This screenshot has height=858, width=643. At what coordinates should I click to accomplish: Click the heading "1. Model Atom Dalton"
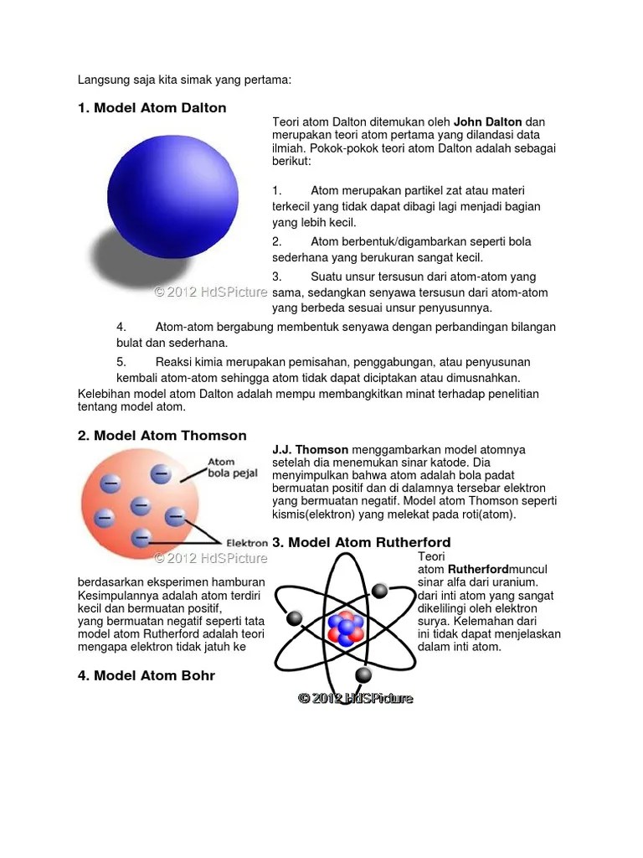(152, 108)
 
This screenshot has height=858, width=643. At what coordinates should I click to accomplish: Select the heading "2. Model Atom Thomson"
(162, 436)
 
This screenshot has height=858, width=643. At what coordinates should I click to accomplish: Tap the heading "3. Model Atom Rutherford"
(362, 542)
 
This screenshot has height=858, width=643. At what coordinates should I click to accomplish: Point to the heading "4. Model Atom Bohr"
(146, 675)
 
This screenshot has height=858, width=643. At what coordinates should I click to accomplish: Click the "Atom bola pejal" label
(222, 467)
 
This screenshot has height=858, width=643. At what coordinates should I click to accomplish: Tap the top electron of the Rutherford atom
(379, 591)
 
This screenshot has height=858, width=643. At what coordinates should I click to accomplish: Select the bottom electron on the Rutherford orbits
(363, 675)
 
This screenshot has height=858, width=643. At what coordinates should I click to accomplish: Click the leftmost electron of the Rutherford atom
(294, 618)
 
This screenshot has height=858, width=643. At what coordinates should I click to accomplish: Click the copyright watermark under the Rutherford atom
(356, 698)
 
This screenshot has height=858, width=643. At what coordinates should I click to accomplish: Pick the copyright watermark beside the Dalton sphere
(211, 292)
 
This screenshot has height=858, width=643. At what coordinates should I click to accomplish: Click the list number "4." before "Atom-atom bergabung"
(121, 327)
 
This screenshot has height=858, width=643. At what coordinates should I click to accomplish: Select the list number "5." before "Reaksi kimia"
(121, 362)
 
